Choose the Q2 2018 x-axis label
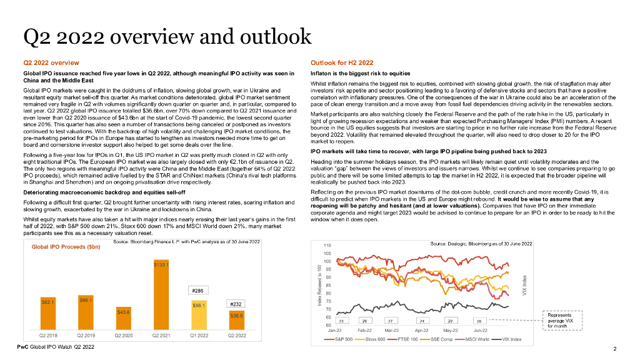(x=49, y=336)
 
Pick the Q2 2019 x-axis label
(x=86, y=336)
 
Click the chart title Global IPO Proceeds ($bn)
(x=58, y=247)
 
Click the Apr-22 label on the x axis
(x=422, y=329)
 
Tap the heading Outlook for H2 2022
(x=342, y=63)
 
